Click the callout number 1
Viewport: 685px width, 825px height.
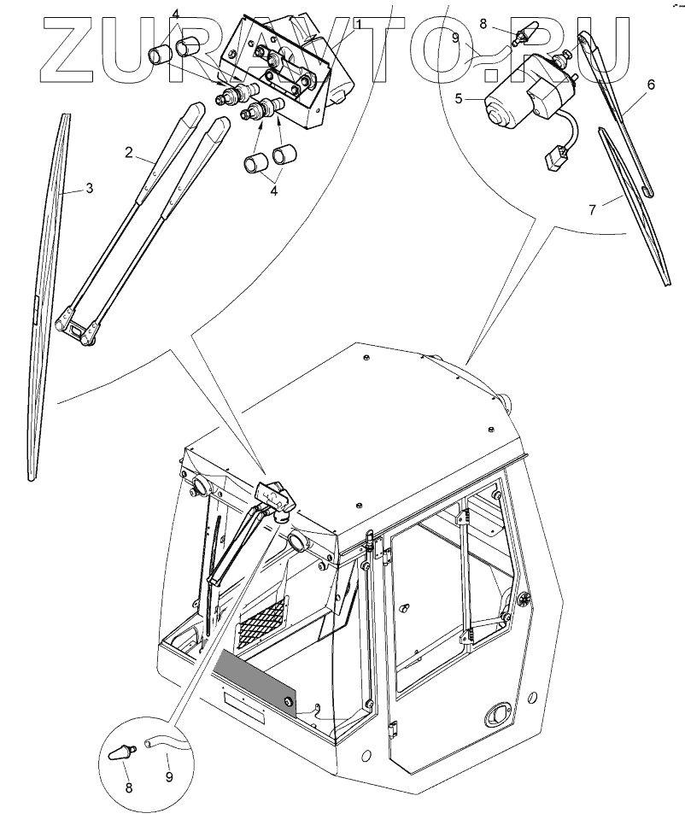point(360,25)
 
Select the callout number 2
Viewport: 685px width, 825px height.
point(127,153)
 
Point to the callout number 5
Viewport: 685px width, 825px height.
point(459,99)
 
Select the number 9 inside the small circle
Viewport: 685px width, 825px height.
point(168,776)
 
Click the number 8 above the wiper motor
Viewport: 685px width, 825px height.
point(483,25)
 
